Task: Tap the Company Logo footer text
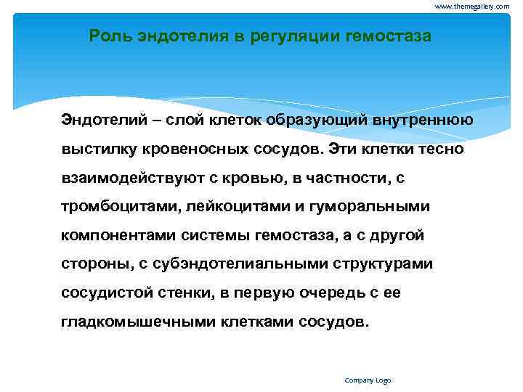[368, 380]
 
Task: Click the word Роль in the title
[107, 36]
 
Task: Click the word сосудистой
[107, 293]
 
